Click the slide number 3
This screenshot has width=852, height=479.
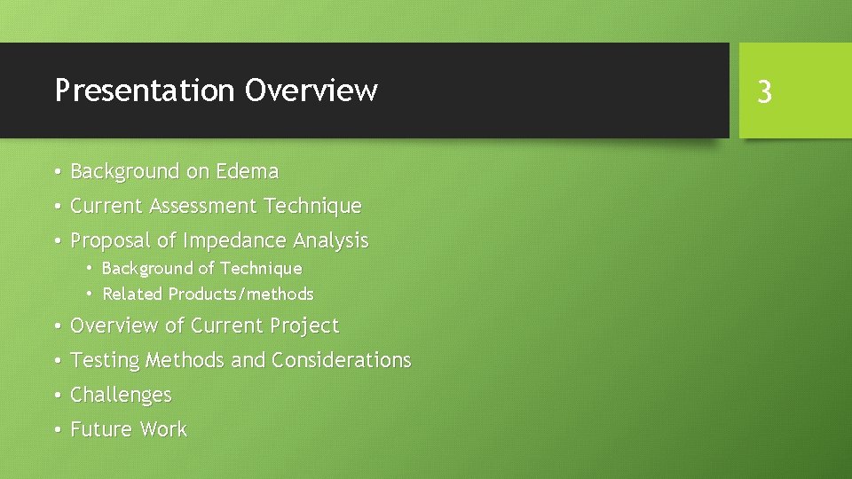tap(764, 91)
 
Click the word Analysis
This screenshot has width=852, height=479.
tap(330, 240)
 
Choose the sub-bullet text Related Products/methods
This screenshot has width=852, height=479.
tap(208, 294)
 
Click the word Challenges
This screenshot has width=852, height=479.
tap(121, 395)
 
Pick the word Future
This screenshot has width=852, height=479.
tap(101, 429)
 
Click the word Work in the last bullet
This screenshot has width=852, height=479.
tap(163, 429)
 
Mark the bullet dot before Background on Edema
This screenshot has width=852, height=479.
tap(56, 171)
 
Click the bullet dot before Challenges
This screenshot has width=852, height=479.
tap(56, 395)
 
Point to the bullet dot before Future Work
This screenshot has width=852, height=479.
tap(56, 429)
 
